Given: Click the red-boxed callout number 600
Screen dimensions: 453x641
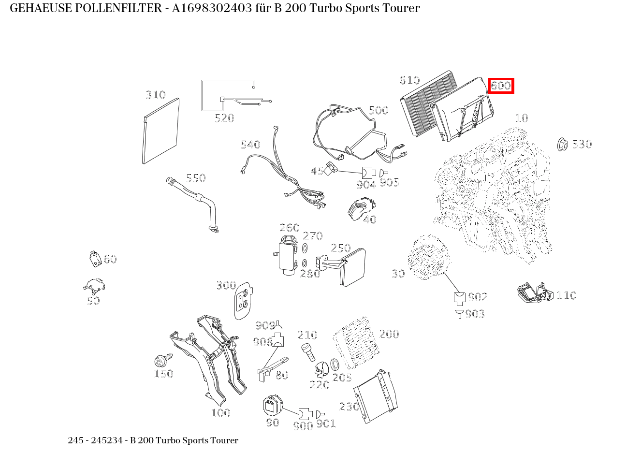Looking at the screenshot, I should (x=500, y=86).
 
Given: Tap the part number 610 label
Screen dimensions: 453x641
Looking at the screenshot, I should (x=409, y=80).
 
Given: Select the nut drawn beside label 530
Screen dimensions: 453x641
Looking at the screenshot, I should (x=562, y=144).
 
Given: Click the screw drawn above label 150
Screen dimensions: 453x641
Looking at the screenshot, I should (x=161, y=361).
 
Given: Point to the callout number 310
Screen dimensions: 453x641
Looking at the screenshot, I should (x=156, y=95).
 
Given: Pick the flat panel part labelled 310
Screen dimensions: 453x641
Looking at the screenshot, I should (x=161, y=132).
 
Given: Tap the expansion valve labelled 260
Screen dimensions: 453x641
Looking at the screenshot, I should (x=289, y=255).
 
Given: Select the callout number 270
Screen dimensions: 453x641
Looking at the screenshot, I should (x=312, y=236).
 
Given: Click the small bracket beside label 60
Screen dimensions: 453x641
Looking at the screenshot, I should (x=95, y=259).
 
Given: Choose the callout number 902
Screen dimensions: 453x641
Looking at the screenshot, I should (x=478, y=297).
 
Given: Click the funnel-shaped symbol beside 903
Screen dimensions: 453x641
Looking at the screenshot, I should (x=459, y=314).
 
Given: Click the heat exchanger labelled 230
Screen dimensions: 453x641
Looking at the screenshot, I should (x=375, y=396).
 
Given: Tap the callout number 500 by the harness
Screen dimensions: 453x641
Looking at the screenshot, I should (x=378, y=110).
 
